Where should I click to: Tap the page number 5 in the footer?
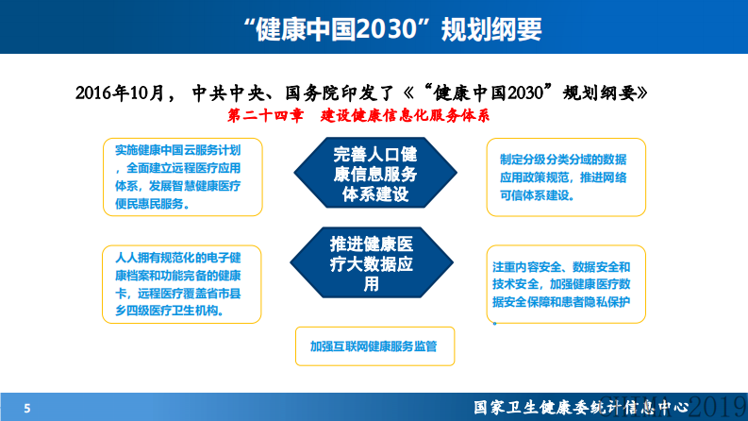(x=27, y=408)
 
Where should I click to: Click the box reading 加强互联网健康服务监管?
(x=374, y=346)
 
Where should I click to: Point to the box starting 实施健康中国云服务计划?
(x=183, y=176)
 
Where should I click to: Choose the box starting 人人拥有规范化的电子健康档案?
(x=183, y=283)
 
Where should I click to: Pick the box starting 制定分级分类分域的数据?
(x=566, y=176)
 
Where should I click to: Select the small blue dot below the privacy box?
(x=494, y=323)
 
